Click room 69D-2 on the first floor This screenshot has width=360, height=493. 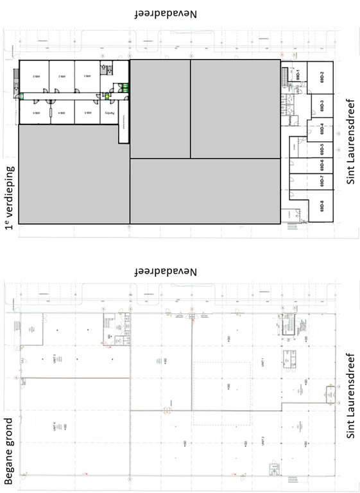321,76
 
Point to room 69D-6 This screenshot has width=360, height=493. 321,165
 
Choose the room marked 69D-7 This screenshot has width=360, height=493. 321,182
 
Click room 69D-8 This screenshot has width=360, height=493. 321,207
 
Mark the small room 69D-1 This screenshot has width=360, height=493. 298,75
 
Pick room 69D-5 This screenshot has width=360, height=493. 321,149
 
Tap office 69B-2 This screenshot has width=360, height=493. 60,76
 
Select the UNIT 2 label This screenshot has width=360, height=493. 262,441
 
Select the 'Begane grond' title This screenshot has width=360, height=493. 10,450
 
